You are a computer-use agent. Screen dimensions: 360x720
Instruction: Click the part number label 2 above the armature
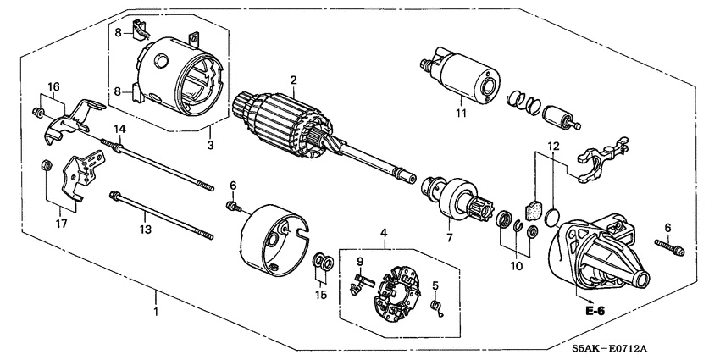point(293,80)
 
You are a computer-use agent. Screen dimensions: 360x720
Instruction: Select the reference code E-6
point(597,311)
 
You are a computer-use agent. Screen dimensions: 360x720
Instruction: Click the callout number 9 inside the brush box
point(359,261)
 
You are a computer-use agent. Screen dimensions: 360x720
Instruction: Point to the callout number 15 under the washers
point(320,294)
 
